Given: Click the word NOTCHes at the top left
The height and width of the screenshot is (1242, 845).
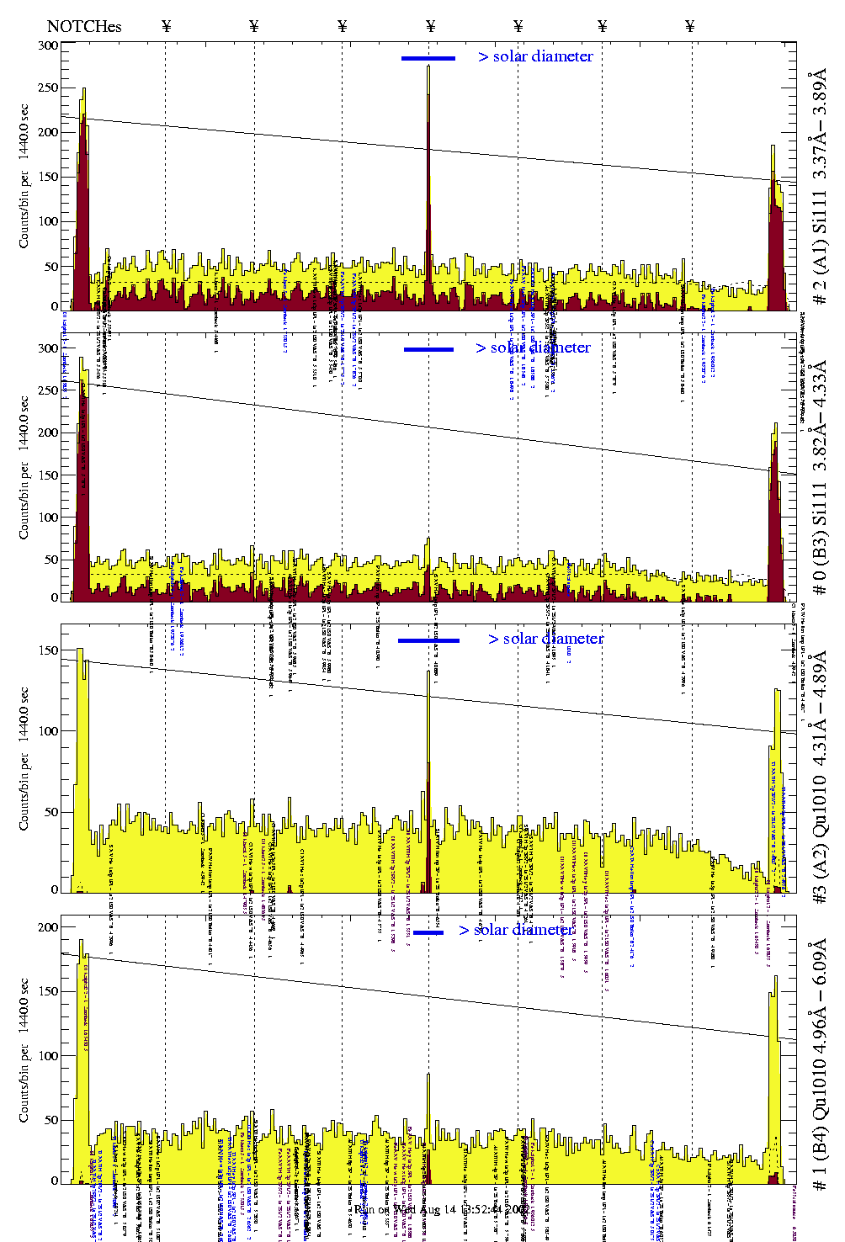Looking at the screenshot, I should tap(84, 26).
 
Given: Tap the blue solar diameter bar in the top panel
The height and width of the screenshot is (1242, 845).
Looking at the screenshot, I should tap(428, 58).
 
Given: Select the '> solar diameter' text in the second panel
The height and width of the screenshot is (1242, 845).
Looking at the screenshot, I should tap(533, 348).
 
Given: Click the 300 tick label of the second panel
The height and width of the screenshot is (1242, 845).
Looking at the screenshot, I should tap(49, 348).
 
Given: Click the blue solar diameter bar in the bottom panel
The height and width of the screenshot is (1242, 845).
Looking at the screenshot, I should tap(428, 932).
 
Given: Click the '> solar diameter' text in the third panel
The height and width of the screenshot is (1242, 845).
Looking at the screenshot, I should tap(545, 639).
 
